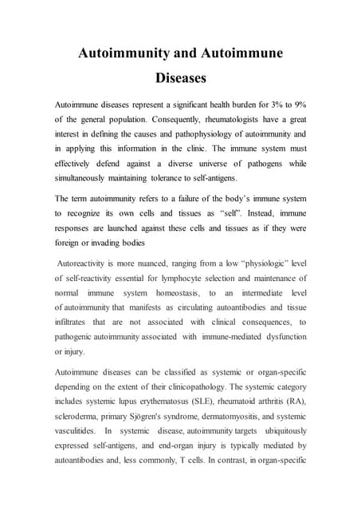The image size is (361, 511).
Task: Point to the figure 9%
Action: (297, 105)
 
